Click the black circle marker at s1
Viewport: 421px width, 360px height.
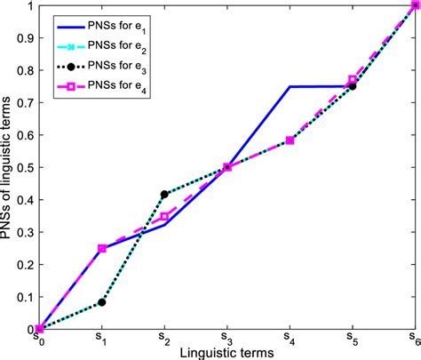[x=102, y=302]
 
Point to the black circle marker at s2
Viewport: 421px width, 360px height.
[x=164, y=194]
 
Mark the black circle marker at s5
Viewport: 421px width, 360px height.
[x=353, y=86]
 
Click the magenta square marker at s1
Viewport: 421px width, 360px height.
[x=102, y=248]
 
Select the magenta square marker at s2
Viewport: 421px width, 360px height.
[x=164, y=216]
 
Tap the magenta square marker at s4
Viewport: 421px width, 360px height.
[x=290, y=140]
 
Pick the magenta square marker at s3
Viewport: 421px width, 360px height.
[x=227, y=167]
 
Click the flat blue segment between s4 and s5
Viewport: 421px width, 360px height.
[x=321, y=86]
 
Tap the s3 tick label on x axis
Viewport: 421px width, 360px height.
[x=227, y=339]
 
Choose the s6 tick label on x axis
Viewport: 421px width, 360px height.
[x=414, y=339]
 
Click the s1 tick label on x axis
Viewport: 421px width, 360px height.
[x=102, y=339]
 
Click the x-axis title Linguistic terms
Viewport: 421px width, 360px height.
[x=227, y=352]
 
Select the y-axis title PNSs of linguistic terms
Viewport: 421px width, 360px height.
[x=7, y=167]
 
